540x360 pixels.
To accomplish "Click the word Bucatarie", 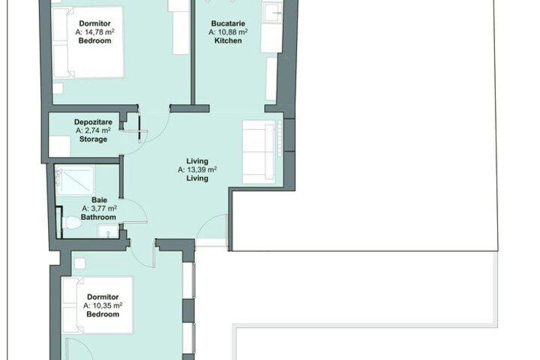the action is pos(228,23).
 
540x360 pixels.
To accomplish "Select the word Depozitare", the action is pos(93,122).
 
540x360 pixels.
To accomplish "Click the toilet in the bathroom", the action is pos(71,223).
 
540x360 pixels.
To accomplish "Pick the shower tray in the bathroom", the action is pos(75,181).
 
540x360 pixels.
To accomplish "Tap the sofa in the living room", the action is pos(260,151).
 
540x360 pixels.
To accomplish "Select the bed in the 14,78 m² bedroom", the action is pos(88,42).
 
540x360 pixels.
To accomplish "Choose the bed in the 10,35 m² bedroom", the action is pos(97,305).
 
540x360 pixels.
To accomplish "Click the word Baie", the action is pos(99,199).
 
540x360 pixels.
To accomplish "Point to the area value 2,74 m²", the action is pos(93,130).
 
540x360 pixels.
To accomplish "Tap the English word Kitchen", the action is pos(228,40).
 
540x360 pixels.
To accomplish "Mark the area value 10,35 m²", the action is pos(103,305).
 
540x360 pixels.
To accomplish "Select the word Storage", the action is pos(93,139).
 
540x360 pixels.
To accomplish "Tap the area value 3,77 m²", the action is pos(99,208).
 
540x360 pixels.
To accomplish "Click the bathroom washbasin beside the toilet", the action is pos(108,231).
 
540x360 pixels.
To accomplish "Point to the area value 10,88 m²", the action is pos(228,32).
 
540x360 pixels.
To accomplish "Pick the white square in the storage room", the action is pos(59,146).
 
